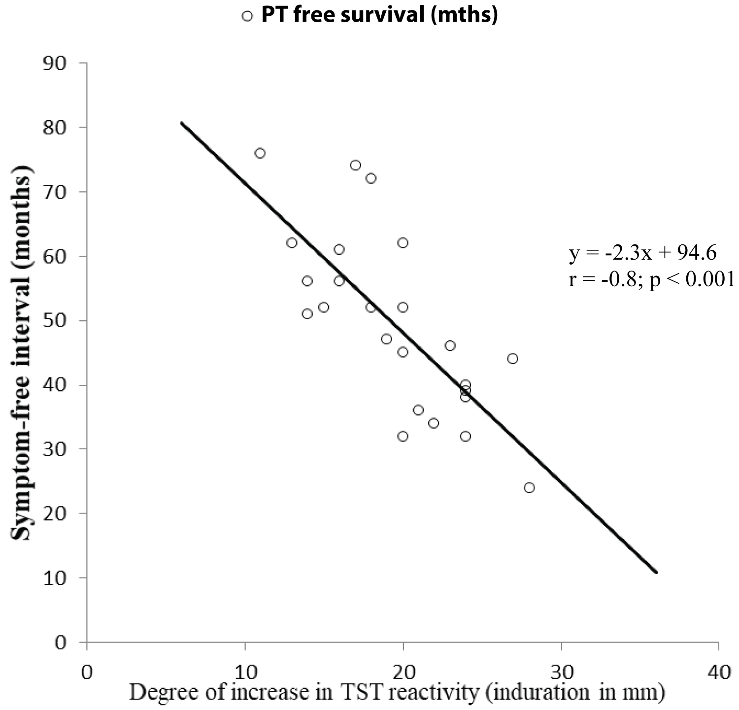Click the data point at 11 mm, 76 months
pyautogui.click(x=260, y=153)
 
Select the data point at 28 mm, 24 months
pyautogui.click(x=529, y=488)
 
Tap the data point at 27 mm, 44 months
pyautogui.click(x=513, y=359)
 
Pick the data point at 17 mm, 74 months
pyautogui.click(x=356, y=165)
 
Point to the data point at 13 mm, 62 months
pyautogui.click(x=292, y=243)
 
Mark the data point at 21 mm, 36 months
pyautogui.click(x=418, y=410)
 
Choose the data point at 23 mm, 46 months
pyautogui.click(x=450, y=345)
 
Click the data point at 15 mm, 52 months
pyautogui.click(x=324, y=307)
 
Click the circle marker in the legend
pyautogui.click(x=247, y=16)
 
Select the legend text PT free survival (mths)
pyautogui.click(x=379, y=15)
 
